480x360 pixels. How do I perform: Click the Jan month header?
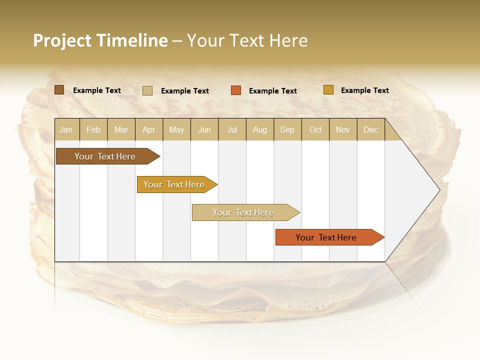coord(66,129)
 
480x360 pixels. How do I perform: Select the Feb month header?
coord(93,129)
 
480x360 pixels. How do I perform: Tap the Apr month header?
coord(149,129)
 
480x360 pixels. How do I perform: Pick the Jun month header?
coord(204,129)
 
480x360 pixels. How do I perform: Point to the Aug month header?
coord(260,129)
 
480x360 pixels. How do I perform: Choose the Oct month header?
coord(315,129)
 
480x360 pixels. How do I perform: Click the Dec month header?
coord(371,129)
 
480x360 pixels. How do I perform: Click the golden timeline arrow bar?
coord(175,184)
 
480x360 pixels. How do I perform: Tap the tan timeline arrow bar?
coord(244,212)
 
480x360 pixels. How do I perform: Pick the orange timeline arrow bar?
coord(327,237)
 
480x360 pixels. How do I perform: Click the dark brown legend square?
coord(59,90)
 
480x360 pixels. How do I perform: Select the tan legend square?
coord(147,90)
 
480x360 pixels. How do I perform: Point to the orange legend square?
coord(236,90)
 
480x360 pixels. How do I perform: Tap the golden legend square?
coord(328,90)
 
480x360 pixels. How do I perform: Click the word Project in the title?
coord(62,40)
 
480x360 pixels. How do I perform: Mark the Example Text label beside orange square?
coord(273,90)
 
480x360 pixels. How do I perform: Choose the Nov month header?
coord(343,129)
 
